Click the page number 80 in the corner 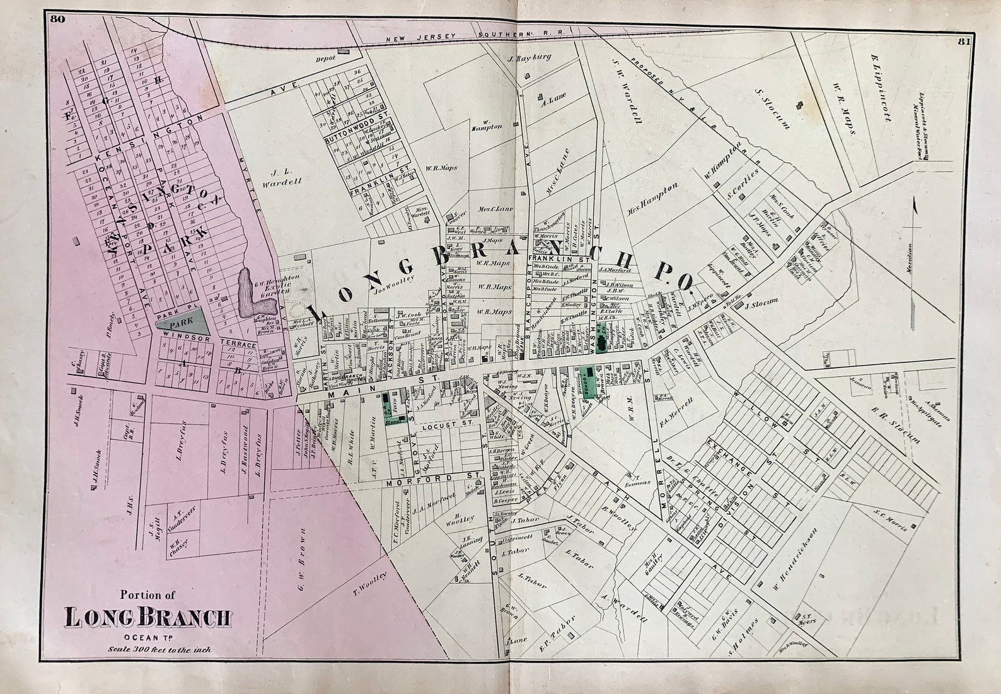(x=57, y=18)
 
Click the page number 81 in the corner (x=963, y=42)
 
